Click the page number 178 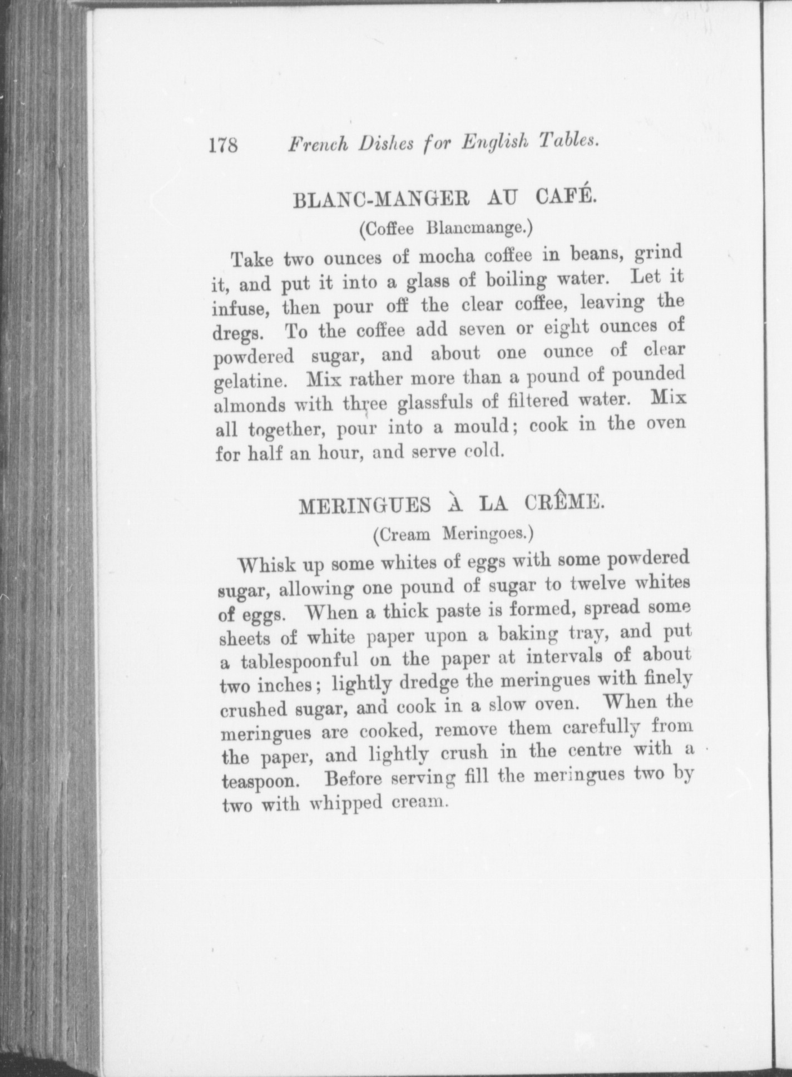tap(223, 146)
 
